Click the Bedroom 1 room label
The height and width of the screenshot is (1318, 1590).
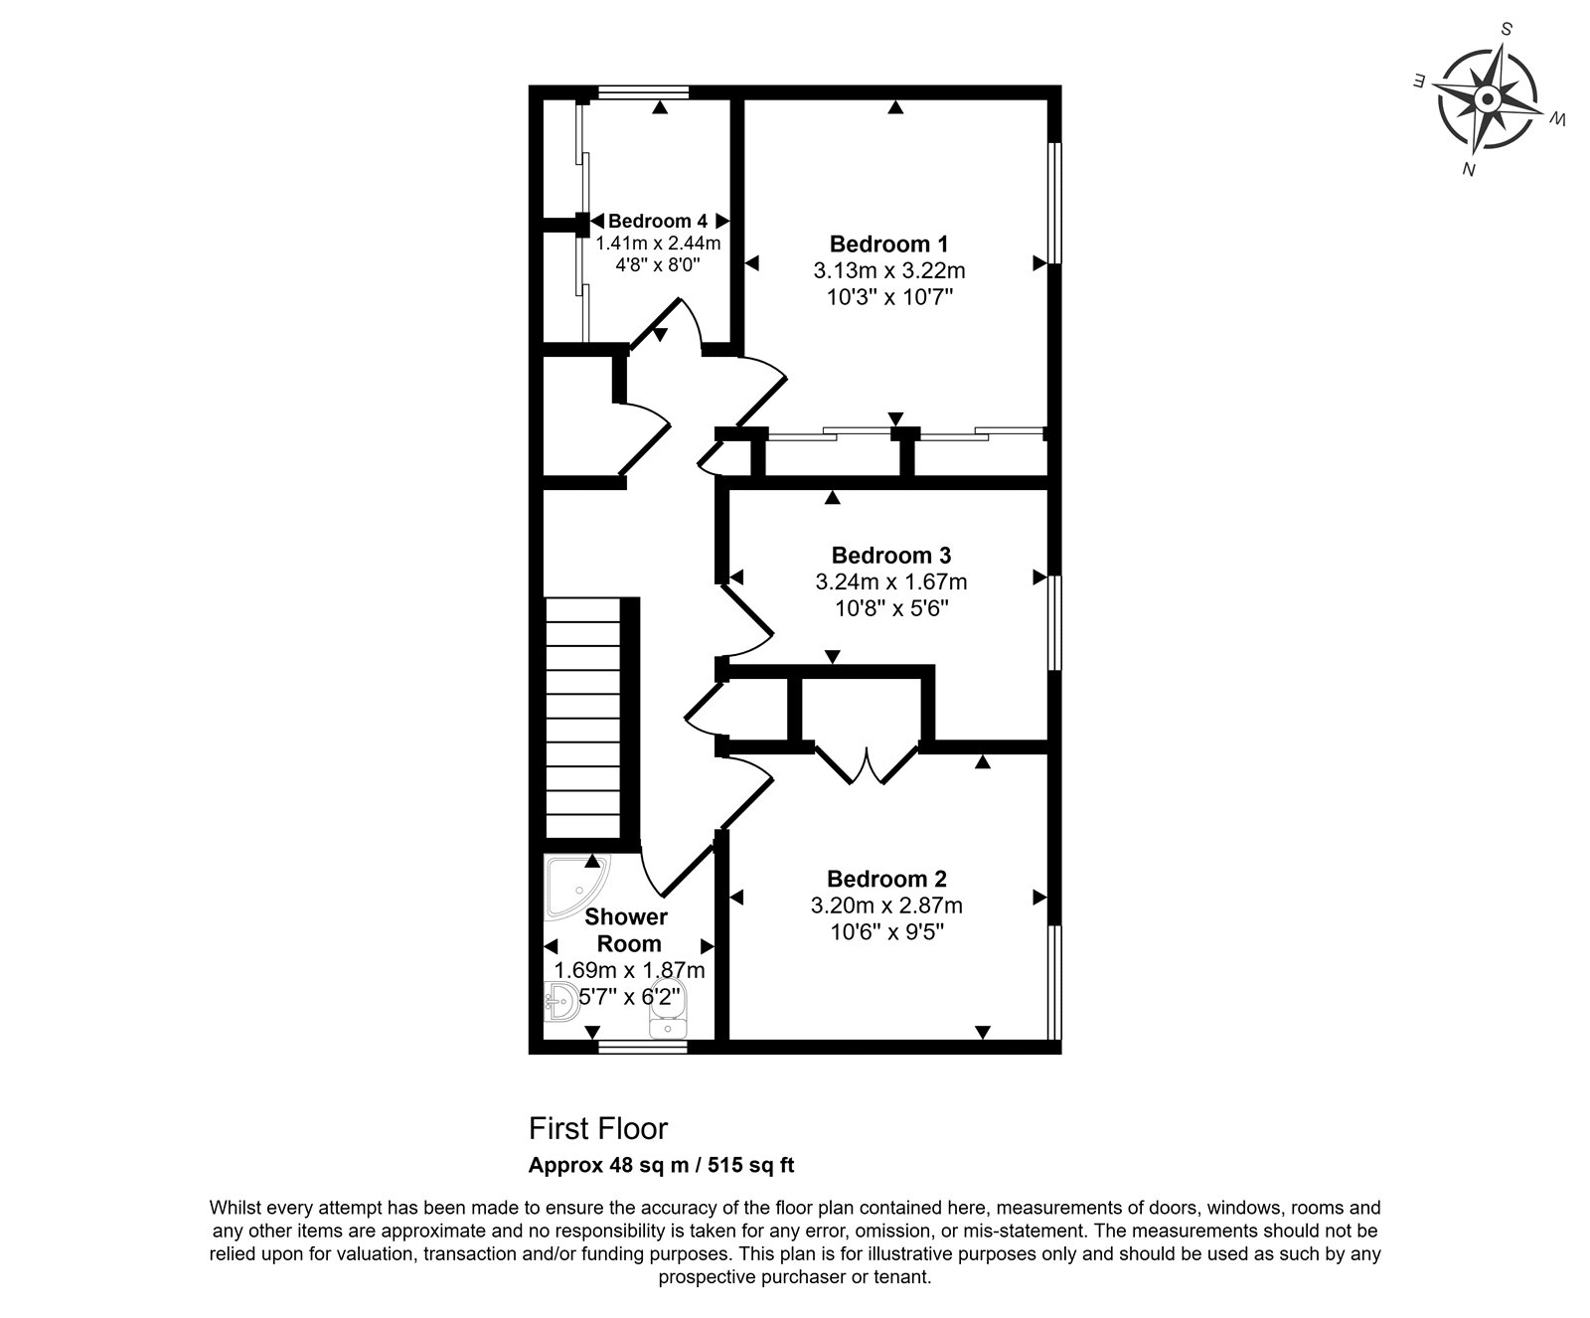click(889, 244)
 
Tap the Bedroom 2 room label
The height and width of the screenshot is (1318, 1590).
click(886, 879)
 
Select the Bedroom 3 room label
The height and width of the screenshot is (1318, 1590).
click(891, 555)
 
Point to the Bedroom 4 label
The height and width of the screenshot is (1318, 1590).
click(658, 221)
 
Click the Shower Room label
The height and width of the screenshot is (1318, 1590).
click(626, 930)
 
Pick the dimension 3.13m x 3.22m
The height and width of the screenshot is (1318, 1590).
click(889, 270)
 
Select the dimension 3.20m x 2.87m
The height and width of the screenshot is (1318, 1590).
click(886, 906)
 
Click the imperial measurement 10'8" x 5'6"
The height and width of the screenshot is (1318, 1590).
click(891, 607)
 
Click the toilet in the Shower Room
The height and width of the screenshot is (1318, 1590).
click(666, 1012)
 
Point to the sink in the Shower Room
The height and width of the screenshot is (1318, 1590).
click(561, 1002)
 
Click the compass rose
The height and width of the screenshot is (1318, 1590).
click(1487, 99)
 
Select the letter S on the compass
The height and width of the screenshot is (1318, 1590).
click(1506, 30)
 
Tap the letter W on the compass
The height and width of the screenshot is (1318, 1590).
click(1557, 120)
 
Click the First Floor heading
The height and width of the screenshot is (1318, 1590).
click(598, 1129)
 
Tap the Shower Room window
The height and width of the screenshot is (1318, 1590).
click(642, 1047)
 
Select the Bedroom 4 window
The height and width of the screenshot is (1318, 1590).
click(643, 92)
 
